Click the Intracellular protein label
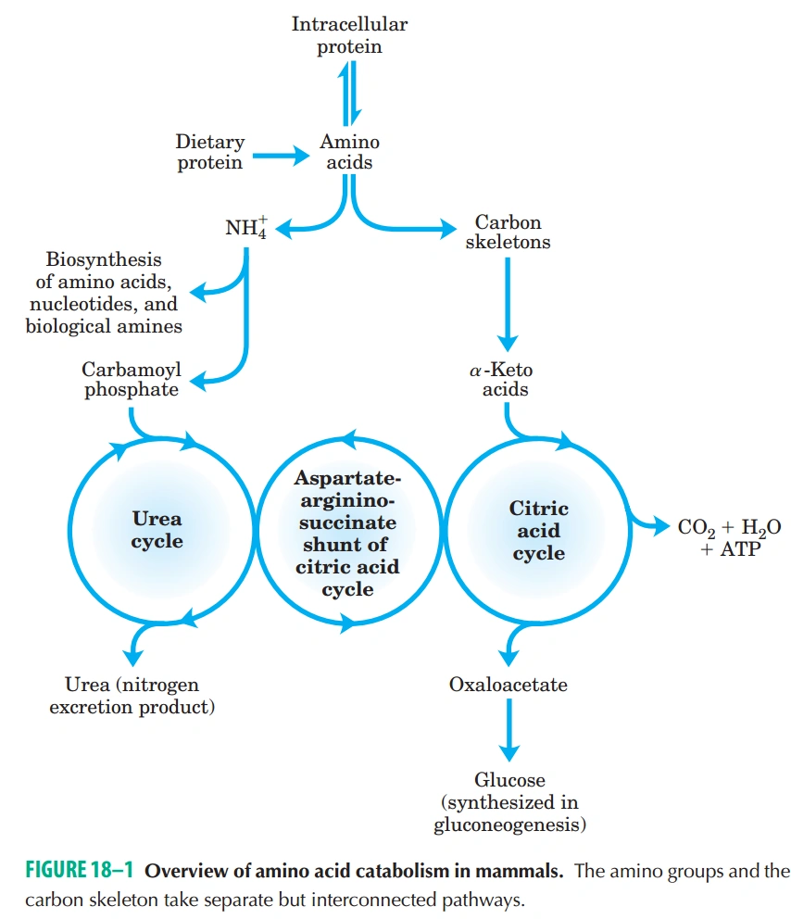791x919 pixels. point(349,35)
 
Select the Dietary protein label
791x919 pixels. point(210,152)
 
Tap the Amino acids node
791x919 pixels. point(349,152)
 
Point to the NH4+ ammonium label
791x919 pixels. point(245,228)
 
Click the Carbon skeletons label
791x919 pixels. point(508,233)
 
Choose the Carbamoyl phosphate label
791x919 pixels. point(132,380)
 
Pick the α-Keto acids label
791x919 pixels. point(503,380)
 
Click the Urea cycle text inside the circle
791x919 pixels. point(157,530)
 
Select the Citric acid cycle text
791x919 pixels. point(538,531)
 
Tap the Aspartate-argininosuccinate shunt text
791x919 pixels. point(347,533)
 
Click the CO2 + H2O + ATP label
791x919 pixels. point(729,537)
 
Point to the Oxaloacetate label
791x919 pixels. point(508,686)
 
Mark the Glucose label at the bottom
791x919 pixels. point(509,801)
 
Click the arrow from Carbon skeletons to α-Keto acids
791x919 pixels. point(508,301)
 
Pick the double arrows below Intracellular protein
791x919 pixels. point(348,94)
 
